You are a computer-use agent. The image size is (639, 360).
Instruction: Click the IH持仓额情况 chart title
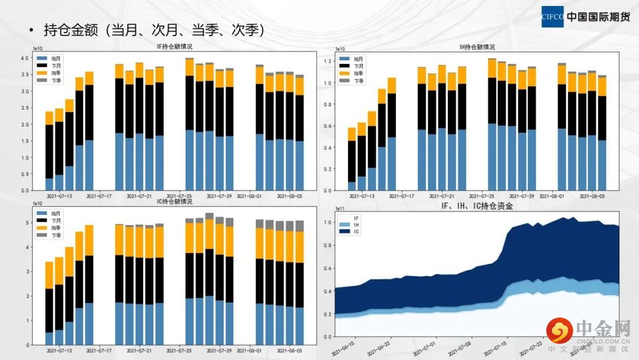477,47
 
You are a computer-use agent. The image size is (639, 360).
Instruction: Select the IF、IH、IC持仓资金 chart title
476,206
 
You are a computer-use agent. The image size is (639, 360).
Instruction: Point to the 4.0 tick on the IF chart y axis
25,58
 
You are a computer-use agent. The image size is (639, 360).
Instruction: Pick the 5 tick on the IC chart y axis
27,223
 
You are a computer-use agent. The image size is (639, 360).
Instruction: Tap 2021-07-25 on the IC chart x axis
178,350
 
